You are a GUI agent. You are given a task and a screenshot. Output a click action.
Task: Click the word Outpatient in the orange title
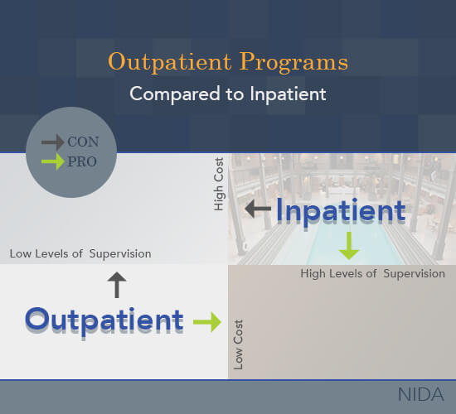click(170, 62)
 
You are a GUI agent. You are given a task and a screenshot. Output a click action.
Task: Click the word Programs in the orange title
click(293, 62)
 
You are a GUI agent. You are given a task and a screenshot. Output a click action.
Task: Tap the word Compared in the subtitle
click(175, 94)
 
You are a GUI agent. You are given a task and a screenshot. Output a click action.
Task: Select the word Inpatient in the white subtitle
click(288, 94)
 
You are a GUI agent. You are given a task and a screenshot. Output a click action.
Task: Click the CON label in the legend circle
click(83, 142)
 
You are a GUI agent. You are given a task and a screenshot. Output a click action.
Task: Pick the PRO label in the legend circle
click(82, 161)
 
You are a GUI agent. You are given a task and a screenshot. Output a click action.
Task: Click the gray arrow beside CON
click(52, 142)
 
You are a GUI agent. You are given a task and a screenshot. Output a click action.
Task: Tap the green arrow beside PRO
click(52, 161)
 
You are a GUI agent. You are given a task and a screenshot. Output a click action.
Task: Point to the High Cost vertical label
click(219, 184)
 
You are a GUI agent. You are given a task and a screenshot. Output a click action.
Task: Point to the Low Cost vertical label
click(238, 344)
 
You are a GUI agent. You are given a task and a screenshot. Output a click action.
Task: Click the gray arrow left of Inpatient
click(258, 209)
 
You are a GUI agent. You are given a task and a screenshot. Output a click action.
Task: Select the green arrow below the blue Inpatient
click(349, 246)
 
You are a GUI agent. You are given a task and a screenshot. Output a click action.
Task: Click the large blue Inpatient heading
click(341, 211)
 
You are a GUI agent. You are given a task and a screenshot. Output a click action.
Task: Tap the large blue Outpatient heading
click(104, 321)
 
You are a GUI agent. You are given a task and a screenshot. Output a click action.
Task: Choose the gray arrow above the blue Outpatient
click(117, 285)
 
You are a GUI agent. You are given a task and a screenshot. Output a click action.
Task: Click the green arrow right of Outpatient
click(207, 321)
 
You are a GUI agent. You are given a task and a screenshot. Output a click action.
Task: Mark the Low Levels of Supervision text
click(80, 254)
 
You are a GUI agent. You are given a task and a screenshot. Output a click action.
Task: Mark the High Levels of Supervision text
click(372, 274)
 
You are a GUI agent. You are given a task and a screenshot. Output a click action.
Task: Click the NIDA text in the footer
click(421, 394)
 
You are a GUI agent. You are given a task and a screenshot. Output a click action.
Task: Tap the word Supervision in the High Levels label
click(414, 274)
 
